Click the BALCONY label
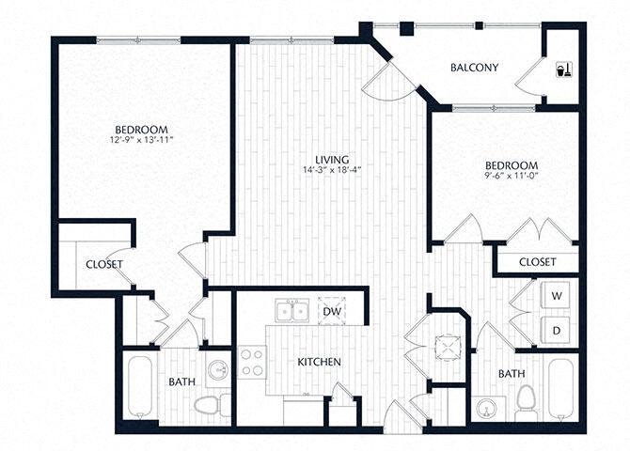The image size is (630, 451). [x=473, y=67]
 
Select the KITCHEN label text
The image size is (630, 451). [x=319, y=362]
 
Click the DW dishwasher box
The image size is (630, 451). [x=331, y=311]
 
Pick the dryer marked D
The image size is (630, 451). [x=557, y=330]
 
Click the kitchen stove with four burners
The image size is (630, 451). [x=251, y=363]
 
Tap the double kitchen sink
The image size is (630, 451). [x=291, y=311]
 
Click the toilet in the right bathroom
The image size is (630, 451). [x=526, y=402]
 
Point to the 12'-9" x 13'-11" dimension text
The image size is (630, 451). [x=142, y=141]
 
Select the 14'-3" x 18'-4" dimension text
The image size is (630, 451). [x=333, y=170]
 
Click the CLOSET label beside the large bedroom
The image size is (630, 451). [x=103, y=264]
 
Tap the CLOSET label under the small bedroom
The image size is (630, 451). [x=537, y=262]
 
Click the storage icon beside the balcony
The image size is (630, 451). [x=561, y=69]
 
